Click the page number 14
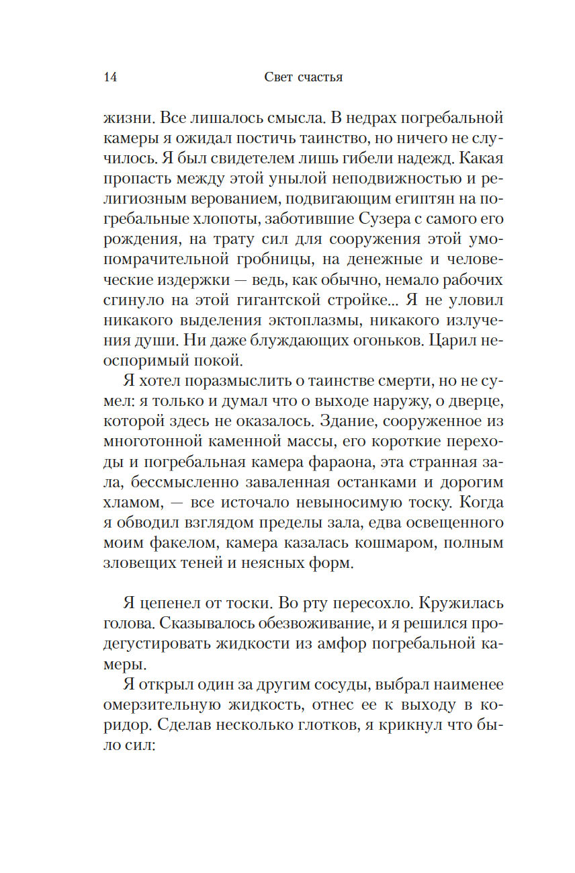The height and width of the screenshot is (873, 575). coord(111,77)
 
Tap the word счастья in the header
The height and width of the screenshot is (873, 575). coord(318,77)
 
